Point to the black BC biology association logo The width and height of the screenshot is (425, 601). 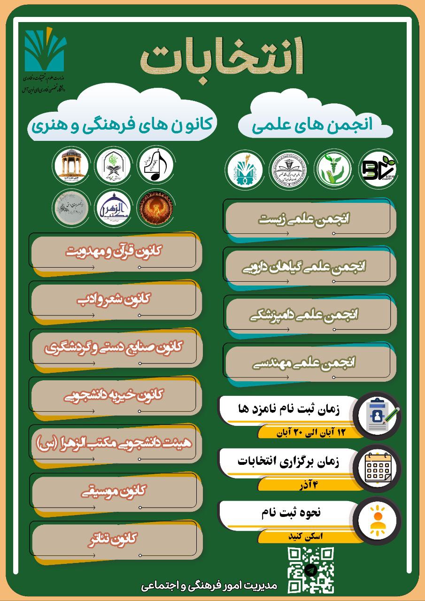[378, 168]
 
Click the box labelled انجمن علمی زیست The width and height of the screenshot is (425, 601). [310, 219]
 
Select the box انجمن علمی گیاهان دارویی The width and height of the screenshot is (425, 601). [310, 267]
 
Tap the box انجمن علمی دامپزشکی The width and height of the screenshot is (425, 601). [310, 315]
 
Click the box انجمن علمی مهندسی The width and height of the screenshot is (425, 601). [310, 362]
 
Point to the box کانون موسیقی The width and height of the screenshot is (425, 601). [116, 491]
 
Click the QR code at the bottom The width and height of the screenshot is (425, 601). [310, 570]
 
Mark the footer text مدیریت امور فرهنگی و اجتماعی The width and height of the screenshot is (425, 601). [209, 586]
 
